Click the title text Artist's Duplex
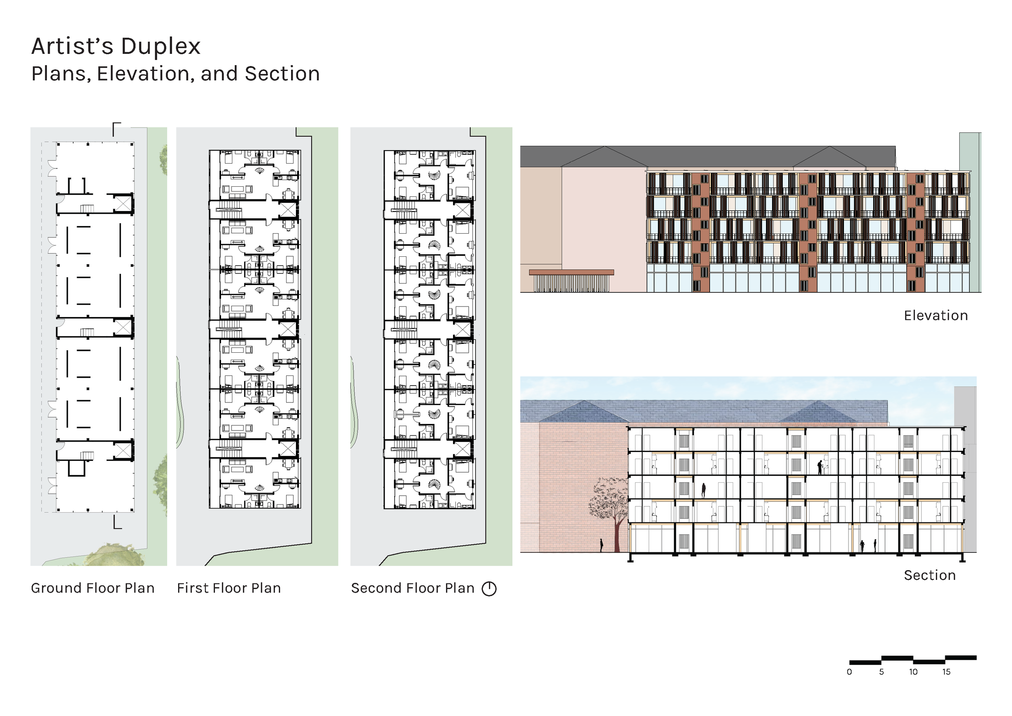tap(116, 46)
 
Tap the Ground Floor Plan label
tap(93, 588)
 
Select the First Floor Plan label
tap(229, 588)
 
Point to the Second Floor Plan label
tap(412, 588)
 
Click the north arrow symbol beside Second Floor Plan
tap(489, 588)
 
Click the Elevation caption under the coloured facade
tap(936, 315)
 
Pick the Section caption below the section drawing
tap(929, 575)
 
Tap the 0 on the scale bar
tap(849, 672)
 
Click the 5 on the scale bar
tap(882, 672)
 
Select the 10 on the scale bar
tap(913, 672)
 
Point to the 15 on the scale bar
tap(946, 672)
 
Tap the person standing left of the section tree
tap(601, 545)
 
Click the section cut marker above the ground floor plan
tap(116, 128)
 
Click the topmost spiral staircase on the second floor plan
tap(434, 175)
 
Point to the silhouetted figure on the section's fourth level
tap(820, 467)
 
